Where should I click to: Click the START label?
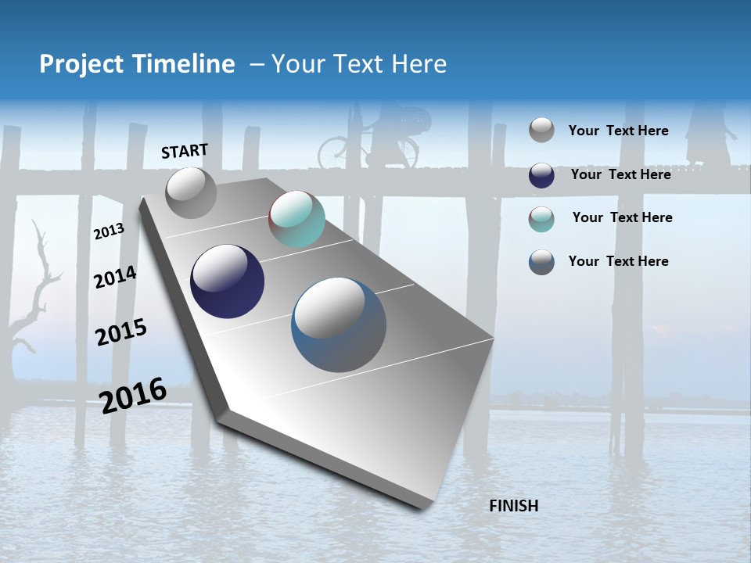(185, 151)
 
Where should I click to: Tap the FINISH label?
(513, 506)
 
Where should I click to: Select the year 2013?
(109, 231)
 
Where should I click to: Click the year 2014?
(115, 277)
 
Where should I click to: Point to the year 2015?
(120, 332)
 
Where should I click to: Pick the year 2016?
(133, 395)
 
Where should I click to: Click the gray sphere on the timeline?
(192, 192)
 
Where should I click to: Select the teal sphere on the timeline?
(296, 219)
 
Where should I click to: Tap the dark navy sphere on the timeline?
(227, 281)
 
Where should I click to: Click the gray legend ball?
(541, 130)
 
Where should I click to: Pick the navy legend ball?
(541, 175)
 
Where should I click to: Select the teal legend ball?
(541, 219)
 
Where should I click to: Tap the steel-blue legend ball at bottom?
(541, 262)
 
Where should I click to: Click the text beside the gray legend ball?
(618, 131)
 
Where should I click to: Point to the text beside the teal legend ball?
(622, 217)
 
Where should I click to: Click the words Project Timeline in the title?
(137, 64)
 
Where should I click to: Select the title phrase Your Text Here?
(359, 64)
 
